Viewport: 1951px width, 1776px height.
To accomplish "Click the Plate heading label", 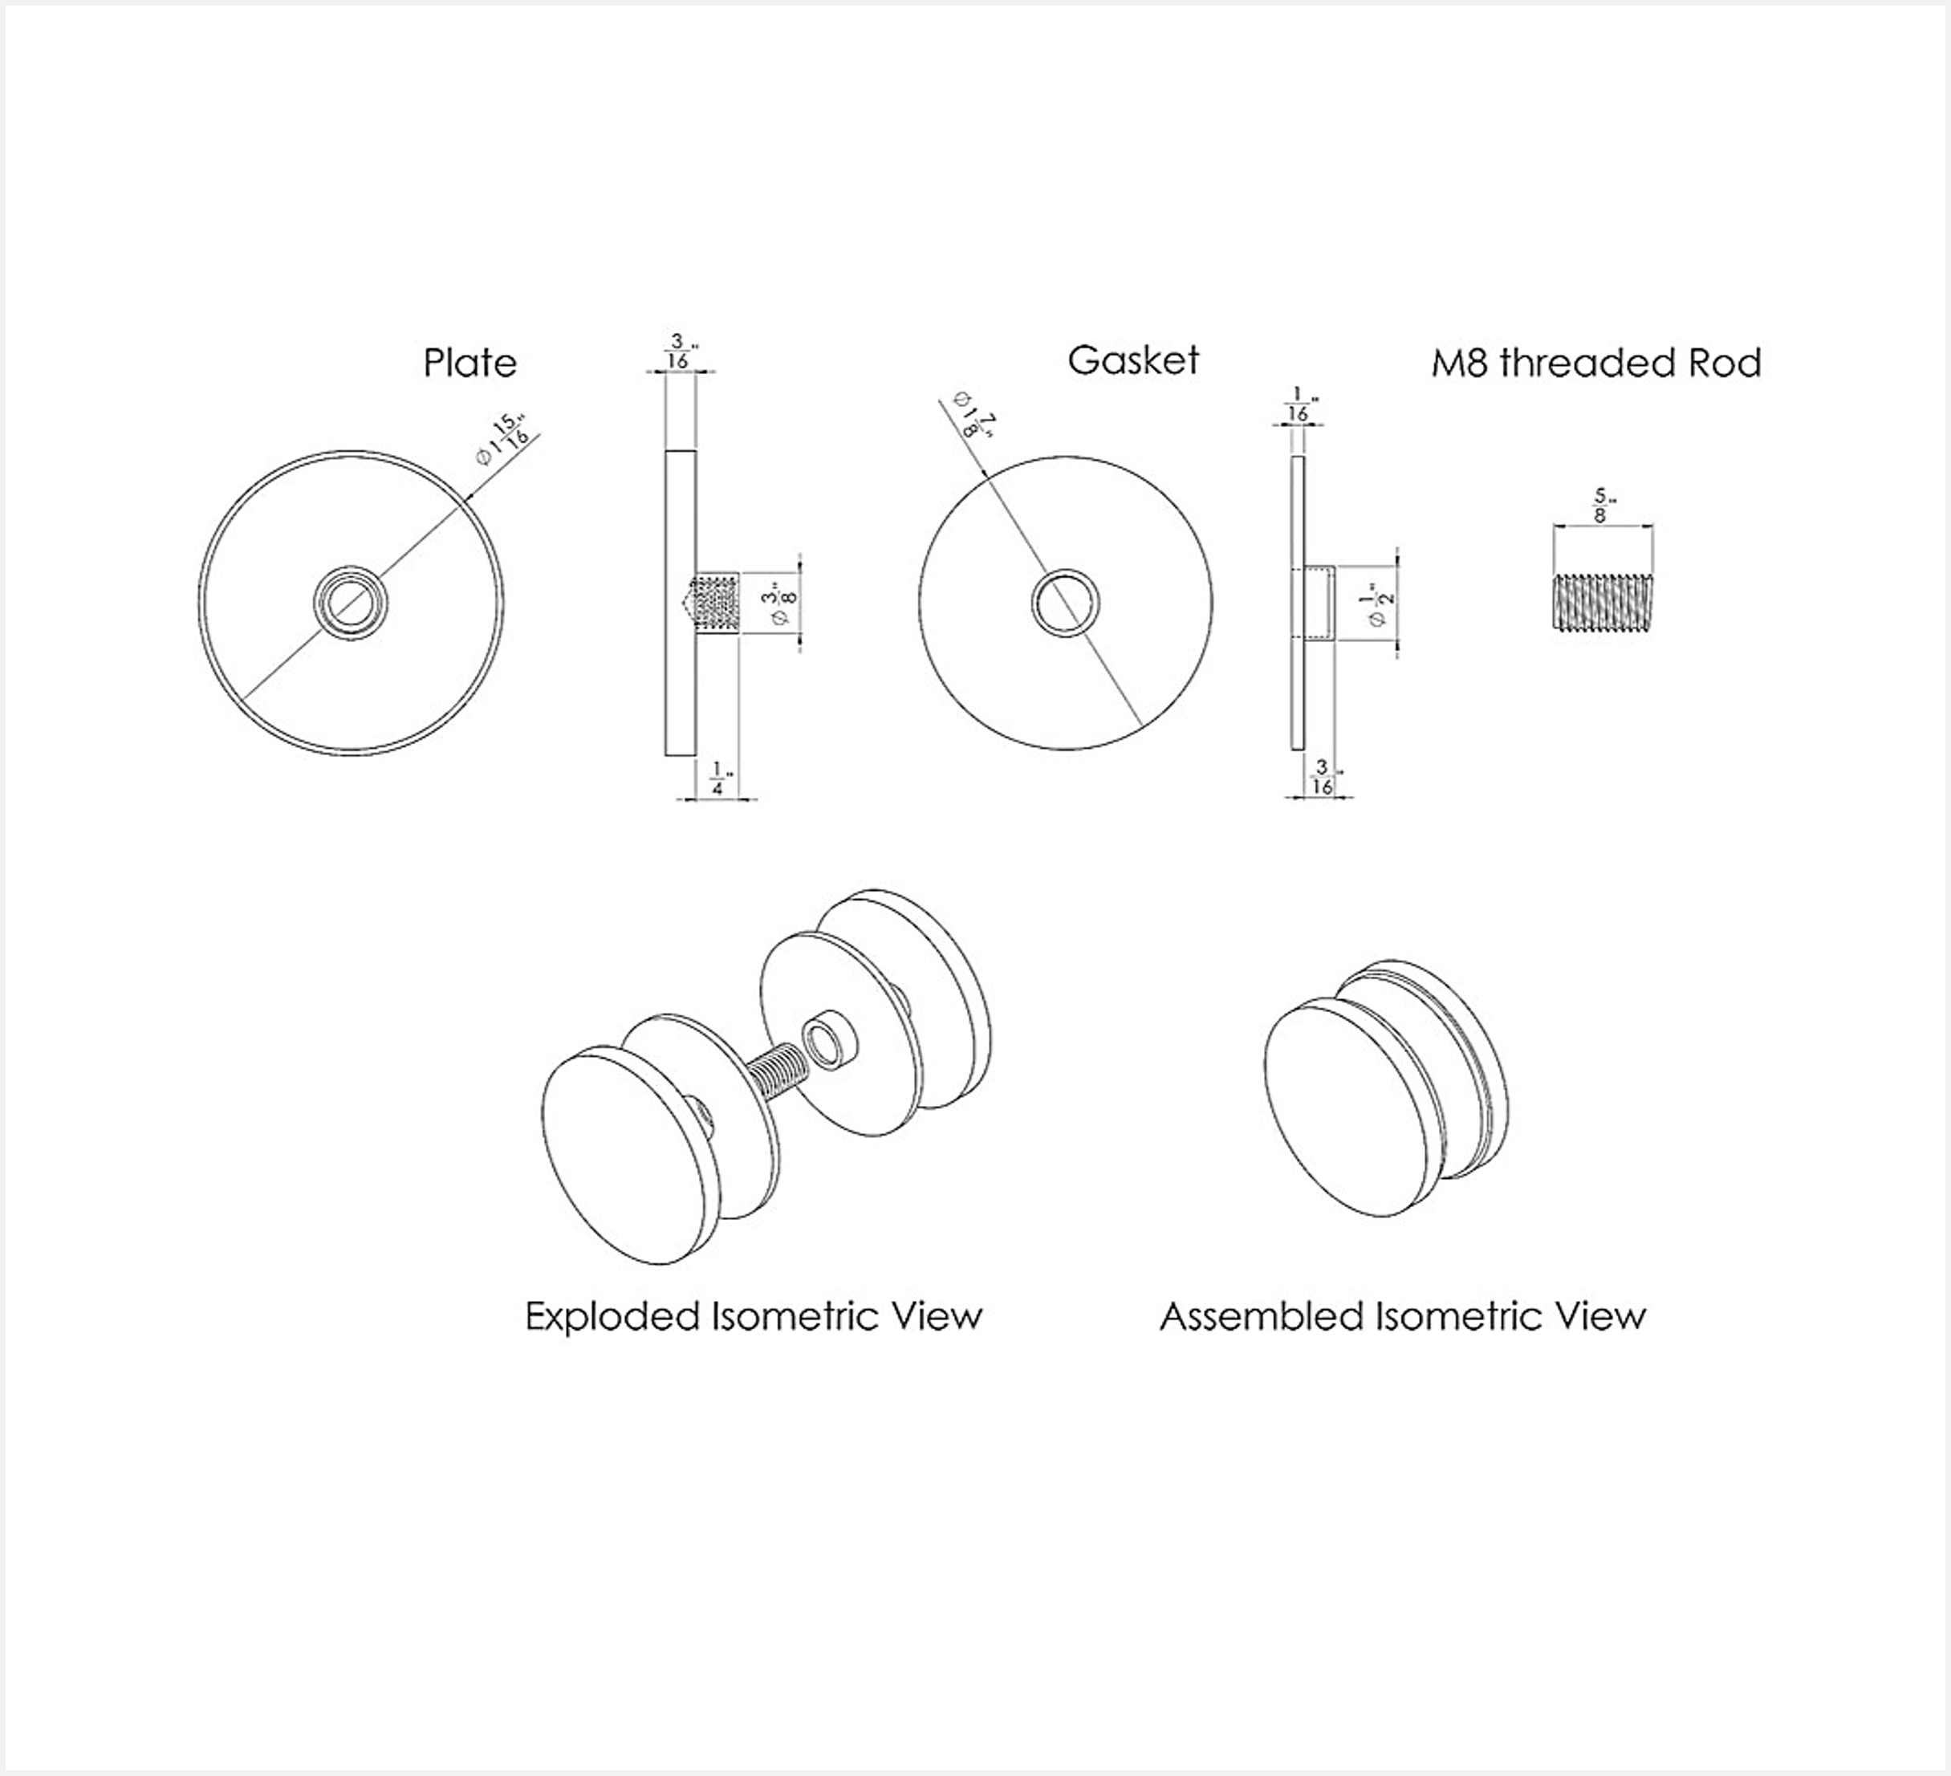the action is pyautogui.click(x=469, y=364).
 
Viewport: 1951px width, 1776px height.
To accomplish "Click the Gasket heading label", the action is pyautogui.click(x=1132, y=360).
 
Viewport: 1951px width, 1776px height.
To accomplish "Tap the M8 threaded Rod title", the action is pyautogui.click(x=1595, y=363).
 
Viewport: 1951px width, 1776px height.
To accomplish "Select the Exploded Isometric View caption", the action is pyautogui.click(x=753, y=1316).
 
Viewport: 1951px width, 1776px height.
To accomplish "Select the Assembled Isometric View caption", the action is pyautogui.click(x=1402, y=1316).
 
